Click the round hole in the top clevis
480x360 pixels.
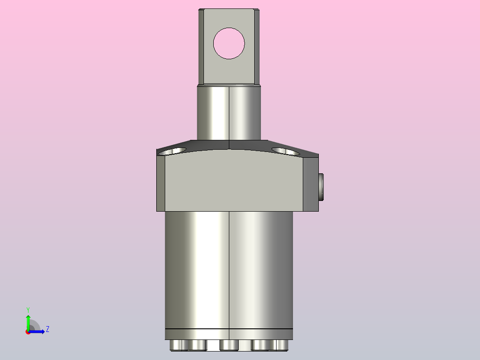click(x=229, y=43)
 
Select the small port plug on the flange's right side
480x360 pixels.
click(x=321, y=187)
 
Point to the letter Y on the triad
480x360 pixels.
click(x=28, y=309)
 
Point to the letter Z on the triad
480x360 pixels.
click(x=47, y=329)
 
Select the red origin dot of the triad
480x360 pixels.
click(x=28, y=332)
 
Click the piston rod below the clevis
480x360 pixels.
click(x=228, y=113)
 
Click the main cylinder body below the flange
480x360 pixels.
click(x=228, y=267)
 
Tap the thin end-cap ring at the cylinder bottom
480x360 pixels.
click(x=228, y=334)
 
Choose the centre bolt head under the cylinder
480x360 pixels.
click(x=229, y=345)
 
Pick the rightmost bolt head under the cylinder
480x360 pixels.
click(x=282, y=345)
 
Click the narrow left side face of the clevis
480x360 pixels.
click(x=201, y=46)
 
